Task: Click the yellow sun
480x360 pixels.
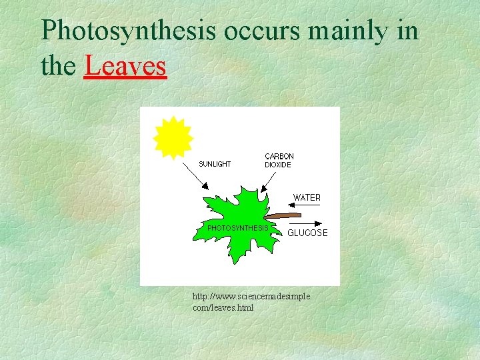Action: coord(173,138)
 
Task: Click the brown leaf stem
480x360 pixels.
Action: coord(283,215)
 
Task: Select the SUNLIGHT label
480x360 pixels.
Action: coord(215,164)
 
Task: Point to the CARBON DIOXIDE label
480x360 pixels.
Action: coord(279,161)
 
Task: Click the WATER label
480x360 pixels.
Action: coord(307,197)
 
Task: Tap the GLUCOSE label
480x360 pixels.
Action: coord(307,233)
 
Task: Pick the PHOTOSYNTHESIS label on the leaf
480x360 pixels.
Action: coord(237,228)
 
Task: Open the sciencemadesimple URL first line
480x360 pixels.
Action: coord(252,295)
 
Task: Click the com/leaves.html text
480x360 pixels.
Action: coord(223,307)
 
